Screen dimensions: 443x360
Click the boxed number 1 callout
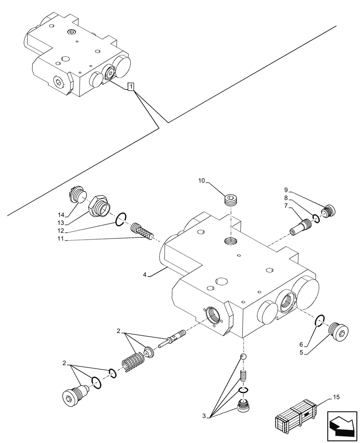(x=130, y=87)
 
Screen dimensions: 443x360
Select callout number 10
(x=202, y=181)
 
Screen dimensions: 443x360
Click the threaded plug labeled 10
(x=231, y=201)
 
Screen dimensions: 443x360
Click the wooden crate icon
(x=295, y=418)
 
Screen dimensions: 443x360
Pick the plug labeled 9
(x=329, y=211)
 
